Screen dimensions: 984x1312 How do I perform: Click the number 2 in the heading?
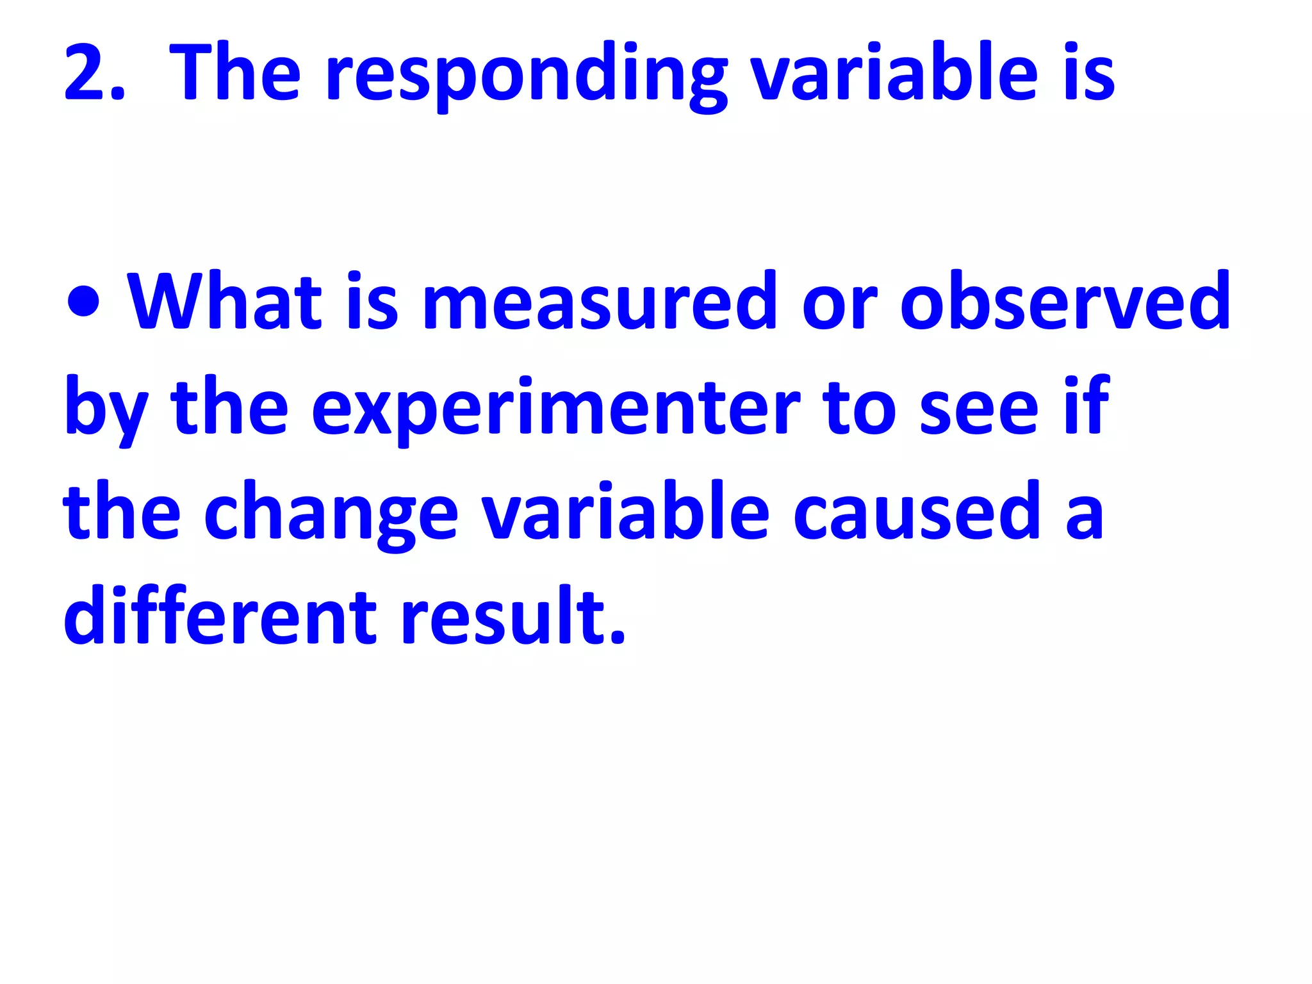(86, 73)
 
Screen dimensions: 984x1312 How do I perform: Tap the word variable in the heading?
(894, 72)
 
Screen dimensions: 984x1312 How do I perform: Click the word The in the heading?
(234, 72)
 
